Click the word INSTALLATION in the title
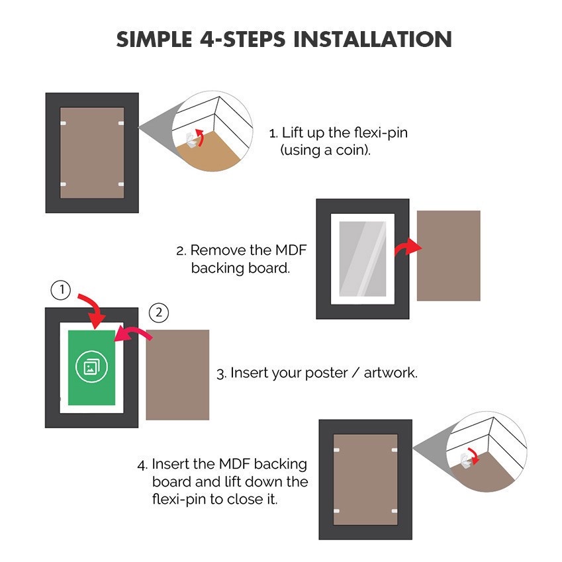point(373,39)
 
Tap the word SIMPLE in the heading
point(154,39)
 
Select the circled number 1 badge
point(62,289)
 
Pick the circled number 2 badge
point(159,313)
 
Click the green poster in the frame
point(92,367)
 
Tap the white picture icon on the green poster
point(92,367)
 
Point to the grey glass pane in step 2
point(362,259)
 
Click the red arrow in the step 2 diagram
point(408,248)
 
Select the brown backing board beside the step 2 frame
point(448,256)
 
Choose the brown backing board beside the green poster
point(177,375)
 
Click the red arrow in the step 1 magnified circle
point(201,137)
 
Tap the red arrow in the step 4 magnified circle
point(474,455)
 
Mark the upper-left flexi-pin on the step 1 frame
point(64,123)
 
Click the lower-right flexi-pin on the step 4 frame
point(395,511)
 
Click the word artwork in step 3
point(390,373)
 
